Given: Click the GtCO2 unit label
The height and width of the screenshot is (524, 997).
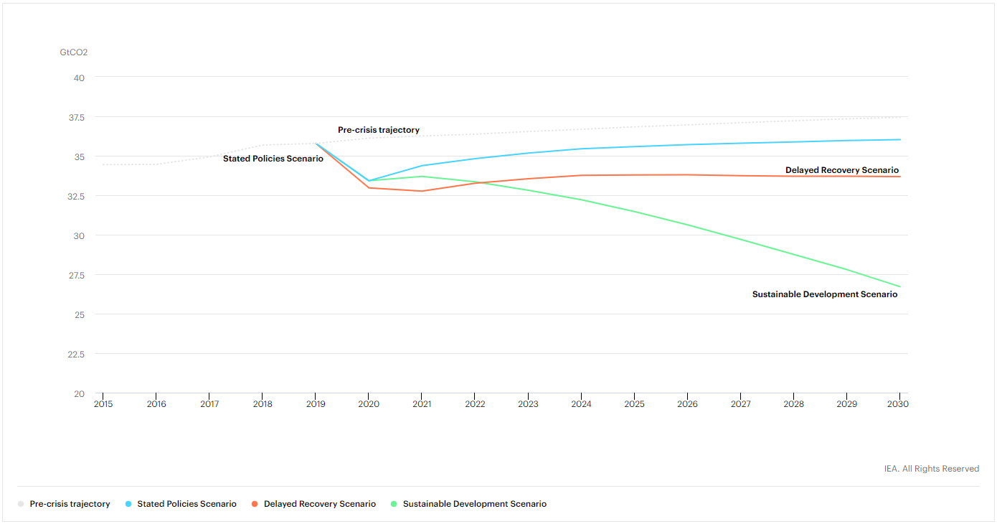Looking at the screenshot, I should coord(74,52).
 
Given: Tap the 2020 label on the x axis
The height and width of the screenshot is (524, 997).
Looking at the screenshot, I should coord(369,404).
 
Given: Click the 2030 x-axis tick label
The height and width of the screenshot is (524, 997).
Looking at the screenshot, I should coord(897,404).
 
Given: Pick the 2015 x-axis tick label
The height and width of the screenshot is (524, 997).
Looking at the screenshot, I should coord(103,404).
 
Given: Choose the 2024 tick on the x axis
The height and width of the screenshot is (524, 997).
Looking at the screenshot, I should coord(581,404).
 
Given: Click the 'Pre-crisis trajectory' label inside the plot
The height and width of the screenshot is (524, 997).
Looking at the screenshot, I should coord(379,130).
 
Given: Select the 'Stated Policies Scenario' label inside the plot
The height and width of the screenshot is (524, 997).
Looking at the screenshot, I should coord(273,158).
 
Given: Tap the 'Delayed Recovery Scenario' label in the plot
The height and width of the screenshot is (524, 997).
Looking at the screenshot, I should coord(841,170).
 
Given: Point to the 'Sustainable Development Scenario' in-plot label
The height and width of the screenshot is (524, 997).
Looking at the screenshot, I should coord(824,294).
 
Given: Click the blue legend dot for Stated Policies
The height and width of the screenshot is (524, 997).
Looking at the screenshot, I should coord(128,504).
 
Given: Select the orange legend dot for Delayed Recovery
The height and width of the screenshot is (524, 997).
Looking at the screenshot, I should coord(255,504).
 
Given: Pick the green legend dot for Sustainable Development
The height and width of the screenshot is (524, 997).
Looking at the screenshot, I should coord(394,504).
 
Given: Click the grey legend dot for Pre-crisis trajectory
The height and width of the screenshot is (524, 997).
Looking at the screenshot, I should coord(21,504).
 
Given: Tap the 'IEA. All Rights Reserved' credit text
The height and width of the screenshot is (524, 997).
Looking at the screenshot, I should coord(931,469).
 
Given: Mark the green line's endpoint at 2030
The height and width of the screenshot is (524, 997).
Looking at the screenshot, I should coord(899,287).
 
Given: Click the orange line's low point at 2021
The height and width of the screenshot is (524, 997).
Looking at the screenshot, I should coord(422,191).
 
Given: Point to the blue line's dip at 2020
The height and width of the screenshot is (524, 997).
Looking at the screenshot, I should coord(369,181).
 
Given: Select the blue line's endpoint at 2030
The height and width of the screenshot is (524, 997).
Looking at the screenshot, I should coord(899,139).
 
